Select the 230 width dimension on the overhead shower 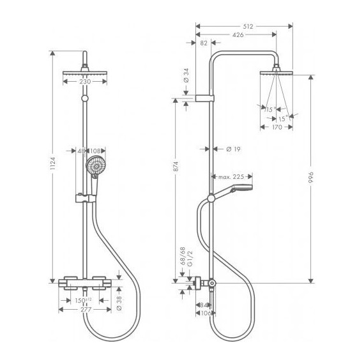[x=84, y=81]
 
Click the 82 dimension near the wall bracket [x=204, y=43]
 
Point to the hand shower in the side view [x=239, y=188]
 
